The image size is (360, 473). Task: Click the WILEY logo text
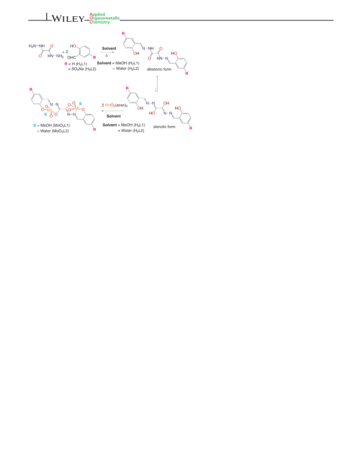(x=68, y=19)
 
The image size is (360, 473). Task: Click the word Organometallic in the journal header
(x=105, y=18)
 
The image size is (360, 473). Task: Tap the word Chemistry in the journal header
(x=100, y=22)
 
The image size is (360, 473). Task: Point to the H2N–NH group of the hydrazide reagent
(x=36, y=46)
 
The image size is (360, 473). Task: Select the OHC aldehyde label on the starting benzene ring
(x=72, y=57)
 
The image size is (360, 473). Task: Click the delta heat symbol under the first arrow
(x=106, y=55)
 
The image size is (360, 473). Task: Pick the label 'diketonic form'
(x=159, y=69)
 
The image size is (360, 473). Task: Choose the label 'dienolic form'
(x=164, y=127)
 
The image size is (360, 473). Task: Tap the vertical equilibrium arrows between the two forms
(x=157, y=83)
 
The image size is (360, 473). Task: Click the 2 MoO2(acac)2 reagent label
(x=115, y=105)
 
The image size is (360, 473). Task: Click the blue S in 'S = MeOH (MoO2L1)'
(x=35, y=125)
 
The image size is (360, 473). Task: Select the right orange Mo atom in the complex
(x=78, y=108)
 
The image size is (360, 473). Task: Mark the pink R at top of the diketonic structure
(x=123, y=33)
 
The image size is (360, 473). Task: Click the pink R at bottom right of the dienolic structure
(x=191, y=128)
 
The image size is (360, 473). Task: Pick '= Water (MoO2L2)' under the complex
(x=53, y=131)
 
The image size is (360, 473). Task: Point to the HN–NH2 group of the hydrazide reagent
(x=55, y=56)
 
